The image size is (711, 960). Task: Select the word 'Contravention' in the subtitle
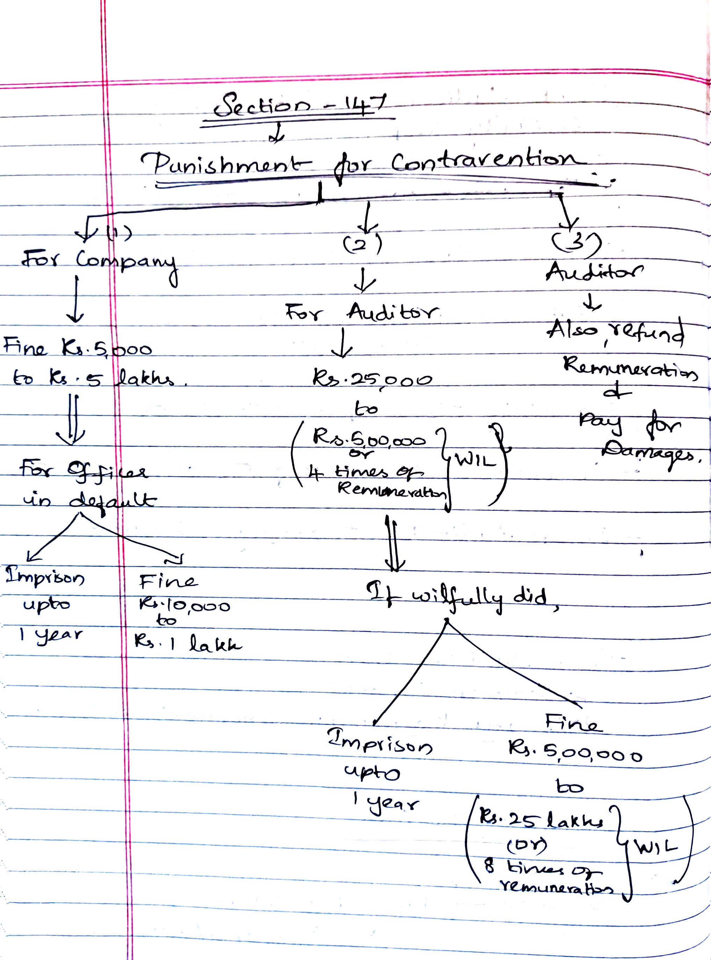[x=488, y=161]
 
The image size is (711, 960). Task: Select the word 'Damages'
[x=650, y=452]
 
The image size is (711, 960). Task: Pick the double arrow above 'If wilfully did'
[x=394, y=544]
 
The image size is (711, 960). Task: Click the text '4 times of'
[x=366, y=472]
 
